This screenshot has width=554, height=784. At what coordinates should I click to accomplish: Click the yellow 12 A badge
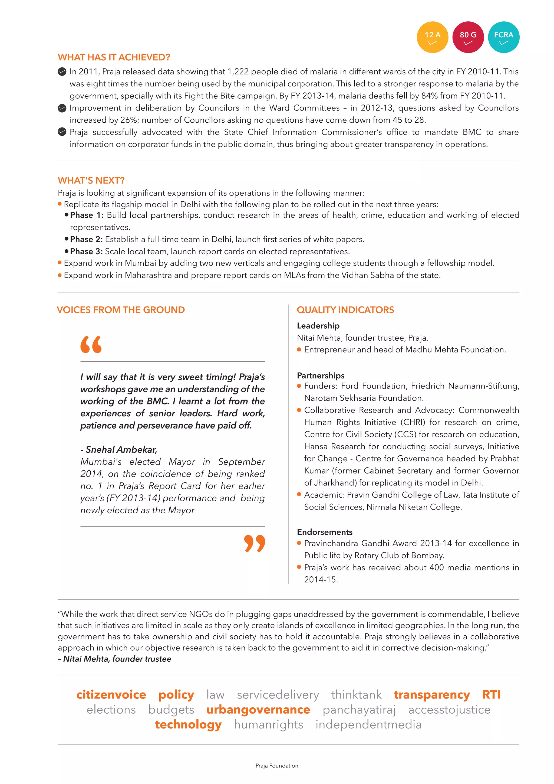coord(432,37)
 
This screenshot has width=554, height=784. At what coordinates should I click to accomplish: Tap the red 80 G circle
coord(468,37)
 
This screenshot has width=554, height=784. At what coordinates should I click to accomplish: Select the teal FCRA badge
coord(503,37)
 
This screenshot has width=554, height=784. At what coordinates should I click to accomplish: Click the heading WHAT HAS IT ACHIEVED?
coord(114,57)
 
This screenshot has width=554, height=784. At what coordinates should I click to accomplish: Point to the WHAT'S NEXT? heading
coord(91,180)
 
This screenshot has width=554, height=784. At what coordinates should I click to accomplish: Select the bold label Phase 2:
coord(86,239)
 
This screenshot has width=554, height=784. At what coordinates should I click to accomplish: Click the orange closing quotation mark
coord(255,543)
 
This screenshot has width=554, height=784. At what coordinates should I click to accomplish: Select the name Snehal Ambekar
coord(121,450)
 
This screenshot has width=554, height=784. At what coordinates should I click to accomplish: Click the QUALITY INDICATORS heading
coord(345,310)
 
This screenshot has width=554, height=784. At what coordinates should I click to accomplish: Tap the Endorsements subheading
coord(324,532)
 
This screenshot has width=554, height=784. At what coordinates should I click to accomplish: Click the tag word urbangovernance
coord(258,710)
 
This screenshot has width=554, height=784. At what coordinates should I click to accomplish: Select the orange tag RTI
coord(491,695)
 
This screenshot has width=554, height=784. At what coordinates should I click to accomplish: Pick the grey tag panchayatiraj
coord(359,710)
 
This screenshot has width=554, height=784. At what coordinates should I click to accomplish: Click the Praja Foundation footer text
coord(277,766)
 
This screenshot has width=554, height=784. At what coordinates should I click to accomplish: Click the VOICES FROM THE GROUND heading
coord(121,310)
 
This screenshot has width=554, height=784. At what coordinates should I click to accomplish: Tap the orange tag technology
coord(188,725)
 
